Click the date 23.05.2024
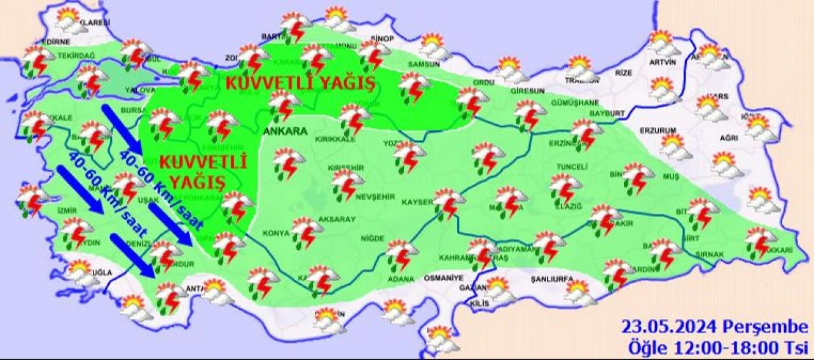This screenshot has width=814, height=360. [670, 328]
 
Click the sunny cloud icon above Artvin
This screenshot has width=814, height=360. [662, 43]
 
